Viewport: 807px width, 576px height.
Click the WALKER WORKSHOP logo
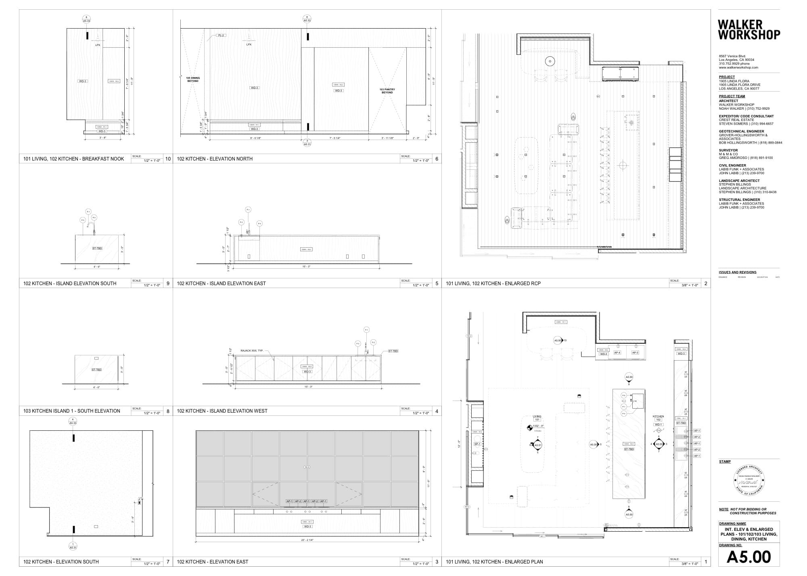(x=748, y=30)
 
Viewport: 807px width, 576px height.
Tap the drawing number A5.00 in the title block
(x=748, y=557)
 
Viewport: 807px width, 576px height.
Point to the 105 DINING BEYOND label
(x=193, y=79)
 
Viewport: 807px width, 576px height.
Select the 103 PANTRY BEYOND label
(x=387, y=91)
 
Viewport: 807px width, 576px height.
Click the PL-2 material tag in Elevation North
(x=221, y=35)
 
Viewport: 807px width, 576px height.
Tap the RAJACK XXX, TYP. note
(x=252, y=351)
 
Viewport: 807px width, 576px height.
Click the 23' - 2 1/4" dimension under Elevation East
(x=307, y=540)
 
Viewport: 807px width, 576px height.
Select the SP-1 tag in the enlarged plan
(x=477, y=444)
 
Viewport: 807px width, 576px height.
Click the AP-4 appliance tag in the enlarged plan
(x=617, y=353)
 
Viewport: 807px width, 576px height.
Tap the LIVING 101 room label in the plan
(x=537, y=418)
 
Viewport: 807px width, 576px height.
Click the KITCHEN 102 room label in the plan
(x=658, y=418)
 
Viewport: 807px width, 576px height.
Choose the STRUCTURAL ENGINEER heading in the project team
(x=739, y=200)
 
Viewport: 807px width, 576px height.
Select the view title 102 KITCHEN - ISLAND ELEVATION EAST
(x=221, y=284)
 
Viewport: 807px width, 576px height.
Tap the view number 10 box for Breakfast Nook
(x=168, y=159)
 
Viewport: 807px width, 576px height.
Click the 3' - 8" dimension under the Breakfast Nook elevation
(x=103, y=138)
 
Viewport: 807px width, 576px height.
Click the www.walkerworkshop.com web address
(x=738, y=67)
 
